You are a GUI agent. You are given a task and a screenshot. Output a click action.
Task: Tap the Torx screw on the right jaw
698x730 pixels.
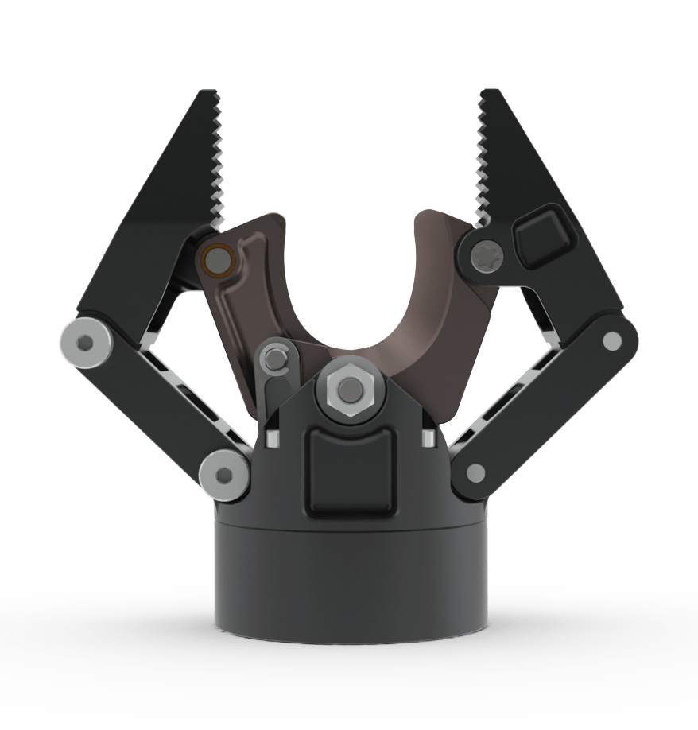tap(485, 255)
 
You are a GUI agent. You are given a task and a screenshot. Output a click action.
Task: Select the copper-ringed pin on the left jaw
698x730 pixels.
tap(215, 259)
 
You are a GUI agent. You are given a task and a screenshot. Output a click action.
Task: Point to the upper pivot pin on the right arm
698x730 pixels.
tap(611, 341)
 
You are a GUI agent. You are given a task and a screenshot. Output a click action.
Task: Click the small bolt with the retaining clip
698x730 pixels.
tap(275, 359)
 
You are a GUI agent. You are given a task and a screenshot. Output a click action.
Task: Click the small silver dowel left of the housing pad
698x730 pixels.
tap(272, 438)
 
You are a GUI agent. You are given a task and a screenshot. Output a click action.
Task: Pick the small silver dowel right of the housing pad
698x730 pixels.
tap(427, 438)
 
